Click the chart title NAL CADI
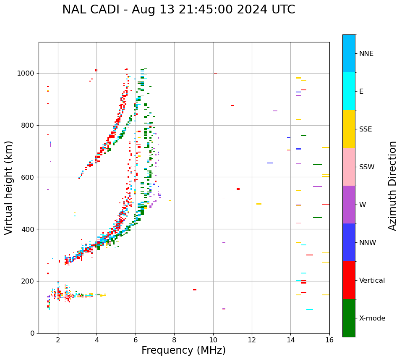coord(178,10)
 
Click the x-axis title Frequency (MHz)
coord(183,350)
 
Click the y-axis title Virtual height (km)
coord(9,188)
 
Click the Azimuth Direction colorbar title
coord(392,186)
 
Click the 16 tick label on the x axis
coord(329,340)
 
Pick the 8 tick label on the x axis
coord(174,340)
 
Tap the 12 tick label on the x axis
coord(252,340)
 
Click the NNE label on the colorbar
coord(366,54)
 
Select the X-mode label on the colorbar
coord(372,318)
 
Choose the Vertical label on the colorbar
coord(372,281)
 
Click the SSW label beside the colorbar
coord(367,167)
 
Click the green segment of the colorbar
coord(349,318)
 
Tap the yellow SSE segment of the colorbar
coord(349,129)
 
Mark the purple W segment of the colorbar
coord(349,205)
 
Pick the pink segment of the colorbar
coord(349,167)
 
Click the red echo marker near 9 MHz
coord(195,289)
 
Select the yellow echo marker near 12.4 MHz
coord(259,204)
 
